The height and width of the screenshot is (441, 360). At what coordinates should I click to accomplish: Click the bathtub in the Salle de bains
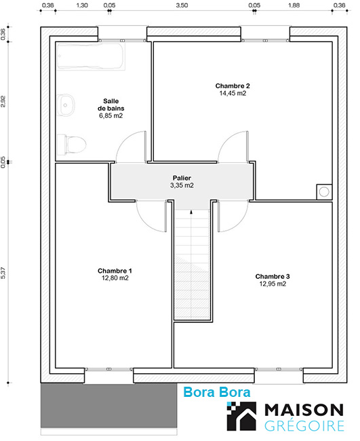point(91,56)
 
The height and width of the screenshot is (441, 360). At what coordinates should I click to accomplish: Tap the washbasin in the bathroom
point(66,105)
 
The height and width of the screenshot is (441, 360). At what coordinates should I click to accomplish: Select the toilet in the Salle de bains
point(72,145)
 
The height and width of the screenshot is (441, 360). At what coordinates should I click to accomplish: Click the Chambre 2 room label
point(233,85)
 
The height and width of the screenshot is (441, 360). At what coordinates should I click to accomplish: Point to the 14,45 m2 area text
point(233,94)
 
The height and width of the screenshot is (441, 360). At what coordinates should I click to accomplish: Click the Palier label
point(182,178)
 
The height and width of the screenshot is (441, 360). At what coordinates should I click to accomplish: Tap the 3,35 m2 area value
point(182,185)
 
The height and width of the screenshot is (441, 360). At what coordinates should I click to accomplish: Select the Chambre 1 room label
point(115,271)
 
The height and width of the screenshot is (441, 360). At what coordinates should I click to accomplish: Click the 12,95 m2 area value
point(273,284)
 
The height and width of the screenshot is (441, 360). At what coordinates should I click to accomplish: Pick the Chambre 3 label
point(273,276)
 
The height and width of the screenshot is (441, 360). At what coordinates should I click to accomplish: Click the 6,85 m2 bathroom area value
point(111,115)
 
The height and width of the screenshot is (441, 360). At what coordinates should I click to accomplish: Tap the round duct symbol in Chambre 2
point(324,192)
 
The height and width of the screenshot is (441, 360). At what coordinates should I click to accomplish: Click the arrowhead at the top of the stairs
point(191,212)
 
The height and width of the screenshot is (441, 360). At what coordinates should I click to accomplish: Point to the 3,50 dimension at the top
point(182,5)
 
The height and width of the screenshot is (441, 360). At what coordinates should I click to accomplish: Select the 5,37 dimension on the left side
point(3,273)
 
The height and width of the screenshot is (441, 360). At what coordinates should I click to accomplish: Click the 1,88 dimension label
point(294,5)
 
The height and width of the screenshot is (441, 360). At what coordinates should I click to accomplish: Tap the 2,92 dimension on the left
point(3,102)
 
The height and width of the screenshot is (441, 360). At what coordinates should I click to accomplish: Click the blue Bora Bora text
point(217,392)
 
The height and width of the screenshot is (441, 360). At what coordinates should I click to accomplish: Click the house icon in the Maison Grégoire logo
point(241,417)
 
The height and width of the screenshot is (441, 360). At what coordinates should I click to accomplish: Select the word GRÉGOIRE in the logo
point(304,426)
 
